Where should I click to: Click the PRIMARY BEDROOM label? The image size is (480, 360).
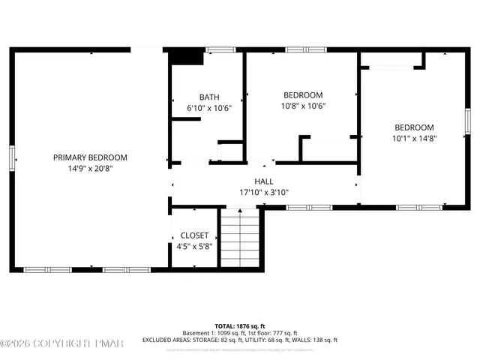tap(90, 157)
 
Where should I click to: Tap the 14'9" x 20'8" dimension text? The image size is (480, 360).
tap(90, 169)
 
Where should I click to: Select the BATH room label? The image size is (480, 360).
tap(209, 97)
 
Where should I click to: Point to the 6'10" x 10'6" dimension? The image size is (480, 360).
tap(209, 108)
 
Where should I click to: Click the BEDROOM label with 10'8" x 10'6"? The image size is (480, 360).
tap(303, 94)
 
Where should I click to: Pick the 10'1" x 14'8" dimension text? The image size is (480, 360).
tap(414, 138)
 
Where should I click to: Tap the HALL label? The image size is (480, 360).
tap(264, 181)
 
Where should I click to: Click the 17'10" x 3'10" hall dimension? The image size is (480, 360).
tap(264, 192)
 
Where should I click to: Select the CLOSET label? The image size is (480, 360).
tap(194, 235)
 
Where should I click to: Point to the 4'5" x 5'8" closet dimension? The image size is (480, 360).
tap(194, 246)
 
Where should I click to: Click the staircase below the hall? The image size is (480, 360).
tap(239, 238)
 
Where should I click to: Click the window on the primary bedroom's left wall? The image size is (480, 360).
tap(12, 157)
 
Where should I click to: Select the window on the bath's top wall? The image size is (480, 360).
tap(220, 50)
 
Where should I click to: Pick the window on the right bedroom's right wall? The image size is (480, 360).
tap(467, 121)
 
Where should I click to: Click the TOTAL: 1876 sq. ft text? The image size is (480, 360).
tap(240, 326)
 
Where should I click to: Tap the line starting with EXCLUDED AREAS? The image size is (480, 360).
tap(240, 340)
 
